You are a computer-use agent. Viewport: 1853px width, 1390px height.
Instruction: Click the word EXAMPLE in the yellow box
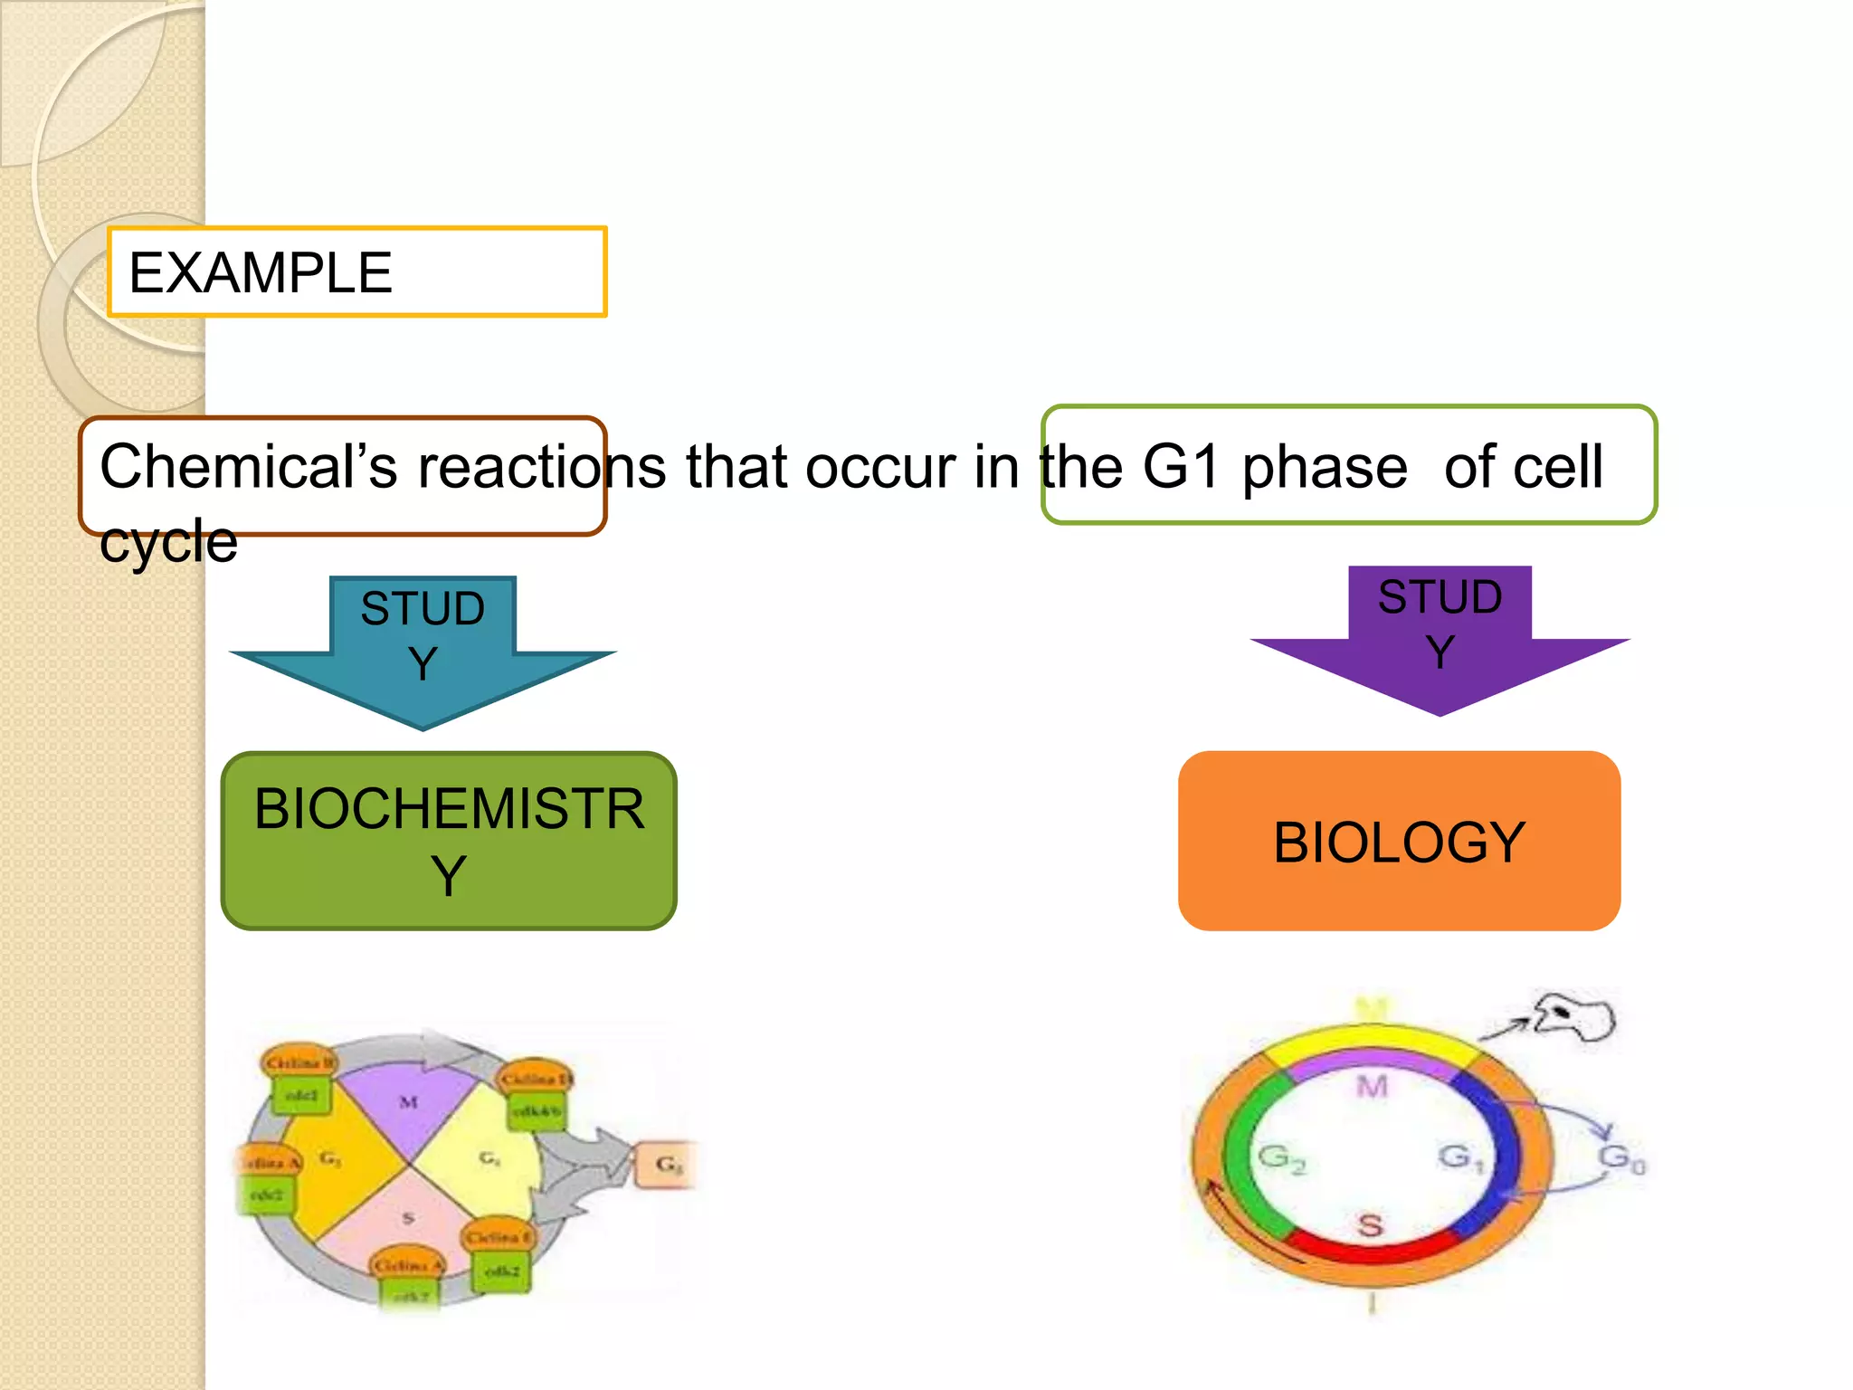pos(260,273)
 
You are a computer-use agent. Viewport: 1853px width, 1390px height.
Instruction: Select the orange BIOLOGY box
pos(1399,842)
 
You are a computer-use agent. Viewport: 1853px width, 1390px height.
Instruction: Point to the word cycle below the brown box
pos(168,543)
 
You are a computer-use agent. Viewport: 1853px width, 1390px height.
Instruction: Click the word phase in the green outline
pos(1324,468)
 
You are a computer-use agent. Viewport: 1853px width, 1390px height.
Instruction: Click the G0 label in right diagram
pos(1621,1157)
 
